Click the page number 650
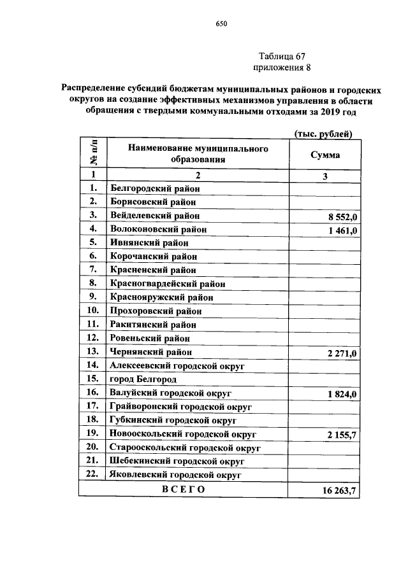(x=221, y=24)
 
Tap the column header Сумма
(x=324, y=155)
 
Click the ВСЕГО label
(x=183, y=489)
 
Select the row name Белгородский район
(x=155, y=188)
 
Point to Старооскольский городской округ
(x=178, y=447)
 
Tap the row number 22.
(x=92, y=475)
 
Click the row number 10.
(x=92, y=311)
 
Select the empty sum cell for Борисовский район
(x=324, y=202)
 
